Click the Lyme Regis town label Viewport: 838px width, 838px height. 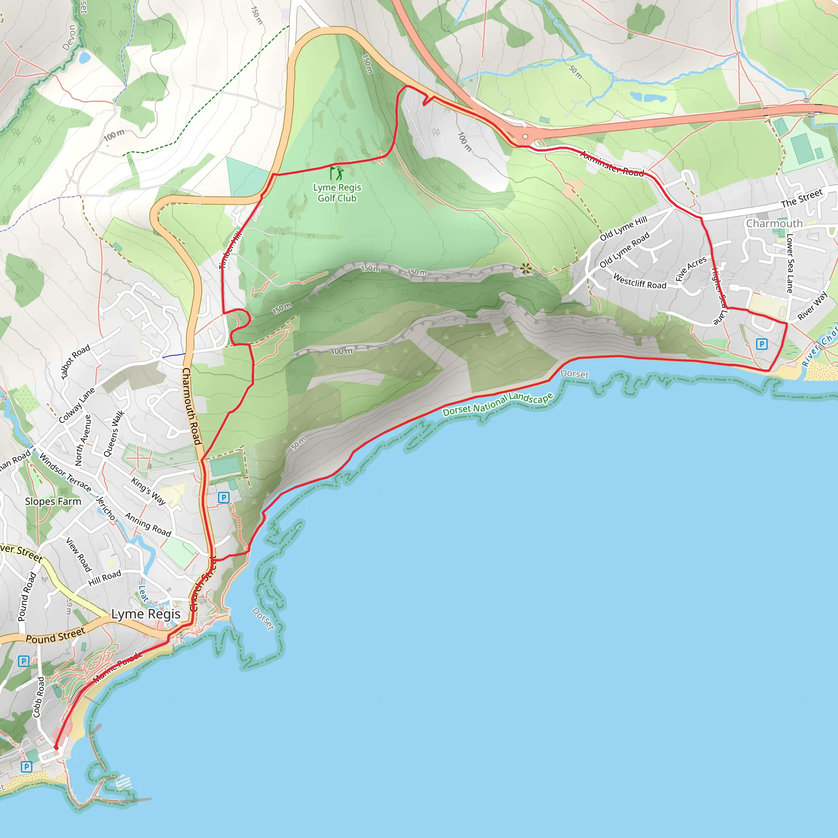click(146, 614)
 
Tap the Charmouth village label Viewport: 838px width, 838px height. click(774, 223)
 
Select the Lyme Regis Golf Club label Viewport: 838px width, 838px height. click(337, 193)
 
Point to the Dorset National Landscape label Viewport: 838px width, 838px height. click(498, 404)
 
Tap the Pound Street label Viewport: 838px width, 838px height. click(56, 636)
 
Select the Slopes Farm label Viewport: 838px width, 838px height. click(53, 501)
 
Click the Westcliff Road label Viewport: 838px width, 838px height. click(640, 282)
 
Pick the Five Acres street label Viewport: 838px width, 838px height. click(691, 268)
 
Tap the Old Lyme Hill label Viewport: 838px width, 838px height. click(623, 228)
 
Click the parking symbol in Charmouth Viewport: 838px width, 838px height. click(761, 344)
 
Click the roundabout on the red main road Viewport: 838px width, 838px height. click(525, 137)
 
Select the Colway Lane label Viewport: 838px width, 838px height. click(77, 405)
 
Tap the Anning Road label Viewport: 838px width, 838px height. click(148, 524)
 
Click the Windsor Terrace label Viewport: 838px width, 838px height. click(65, 473)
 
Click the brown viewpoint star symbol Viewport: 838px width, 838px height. click(526, 268)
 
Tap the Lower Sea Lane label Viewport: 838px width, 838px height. click(790, 263)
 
